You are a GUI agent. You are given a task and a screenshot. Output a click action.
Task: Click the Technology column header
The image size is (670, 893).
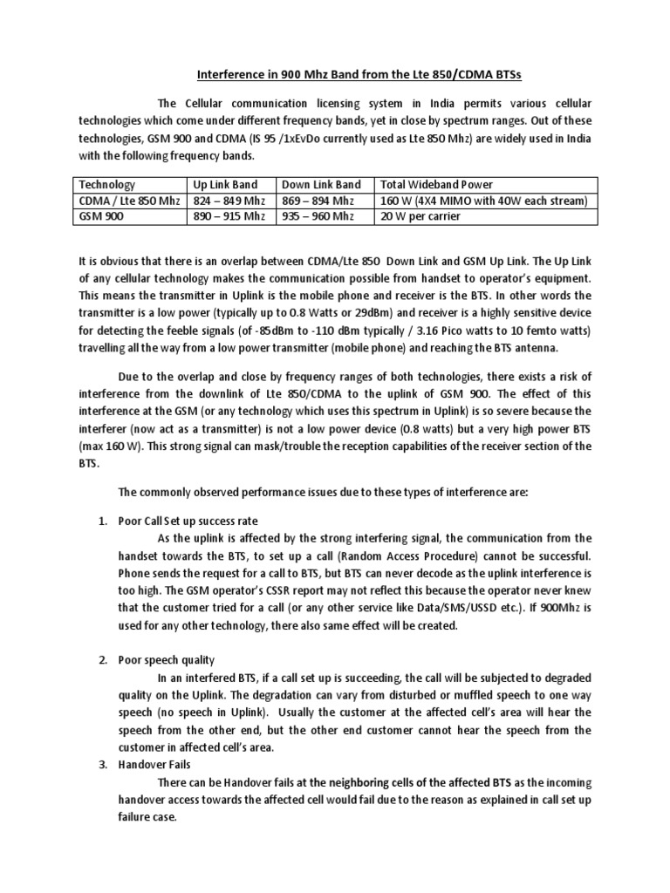tap(107, 184)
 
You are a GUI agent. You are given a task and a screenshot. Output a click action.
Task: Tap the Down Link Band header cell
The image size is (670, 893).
tap(320, 184)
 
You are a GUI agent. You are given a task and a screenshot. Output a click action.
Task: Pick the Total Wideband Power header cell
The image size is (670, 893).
tap(436, 184)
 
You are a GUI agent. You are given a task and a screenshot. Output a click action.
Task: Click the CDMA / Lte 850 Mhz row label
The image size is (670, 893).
tap(129, 201)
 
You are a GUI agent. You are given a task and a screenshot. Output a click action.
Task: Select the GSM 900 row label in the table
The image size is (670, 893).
tap(100, 216)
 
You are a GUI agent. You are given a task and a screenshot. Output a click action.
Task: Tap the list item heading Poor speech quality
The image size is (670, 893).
tap(167, 659)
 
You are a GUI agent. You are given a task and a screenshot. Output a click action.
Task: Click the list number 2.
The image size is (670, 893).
tap(102, 659)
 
